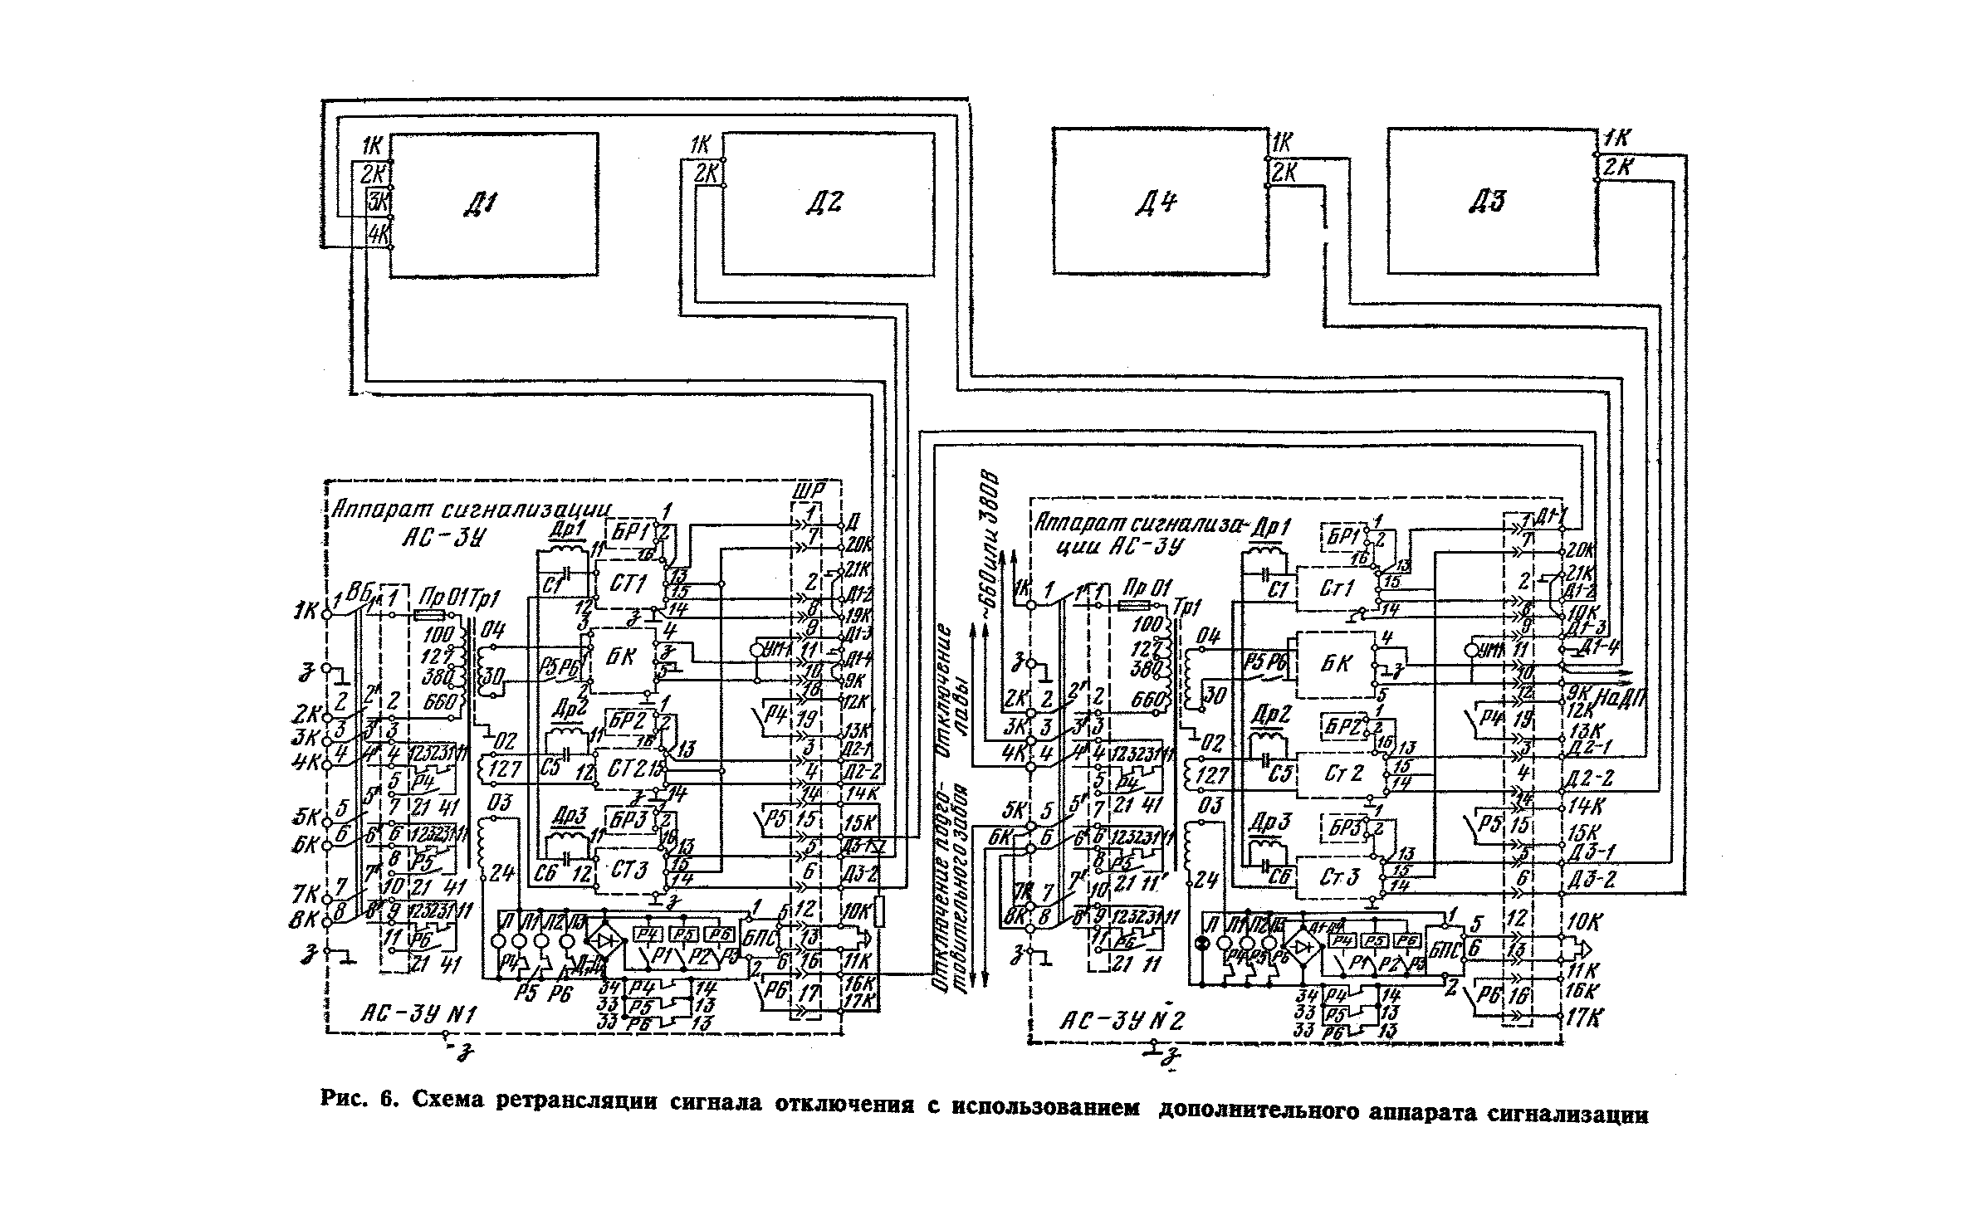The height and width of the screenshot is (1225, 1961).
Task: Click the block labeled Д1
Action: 494,204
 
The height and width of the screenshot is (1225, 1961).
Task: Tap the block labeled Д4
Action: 1161,201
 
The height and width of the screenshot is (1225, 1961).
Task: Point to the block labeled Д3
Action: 1491,201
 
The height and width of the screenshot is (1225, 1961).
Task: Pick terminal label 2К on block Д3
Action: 1617,167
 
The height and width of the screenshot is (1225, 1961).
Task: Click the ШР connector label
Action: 806,491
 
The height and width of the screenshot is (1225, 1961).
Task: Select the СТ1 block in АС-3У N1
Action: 628,584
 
